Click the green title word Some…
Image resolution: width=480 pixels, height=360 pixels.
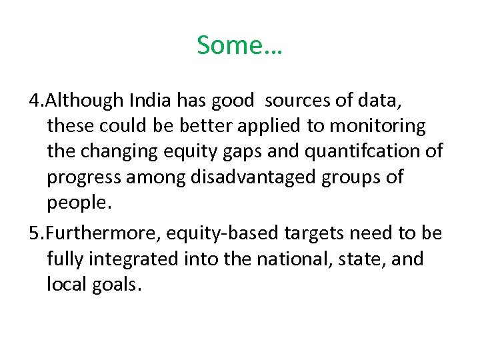pyautogui.click(x=239, y=45)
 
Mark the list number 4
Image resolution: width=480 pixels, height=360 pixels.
pyautogui.click(x=36, y=101)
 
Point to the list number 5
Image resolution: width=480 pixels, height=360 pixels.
pyautogui.click(x=36, y=233)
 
